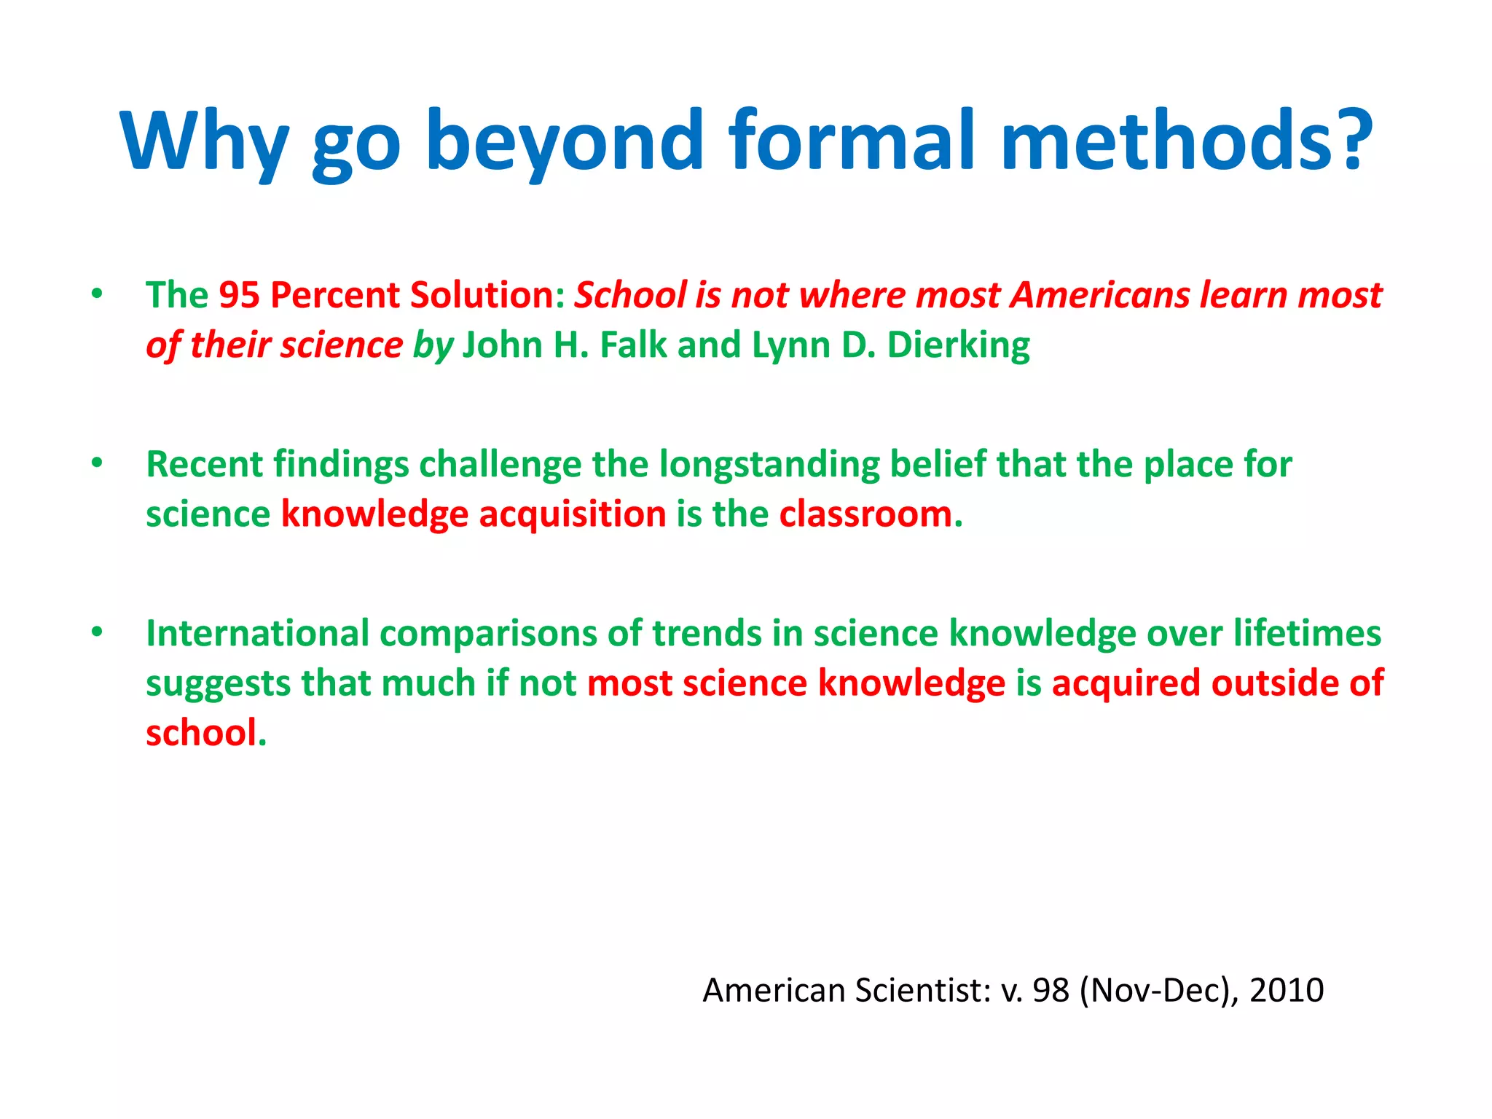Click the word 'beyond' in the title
click(x=565, y=142)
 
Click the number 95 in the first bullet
click(x=239, y=296)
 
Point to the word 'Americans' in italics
click(x=1100, y=296)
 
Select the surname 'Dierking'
click(x=958, y=345)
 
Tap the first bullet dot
click(x=97, y=294)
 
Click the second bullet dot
click(x=97, y=463)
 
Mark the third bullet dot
click(x=97, y=632)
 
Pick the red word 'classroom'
click(x=865, y=514)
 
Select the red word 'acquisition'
click(x=572, y=514)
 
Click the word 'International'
click(x=257, y=633)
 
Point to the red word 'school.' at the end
click(x=205, y=733)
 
